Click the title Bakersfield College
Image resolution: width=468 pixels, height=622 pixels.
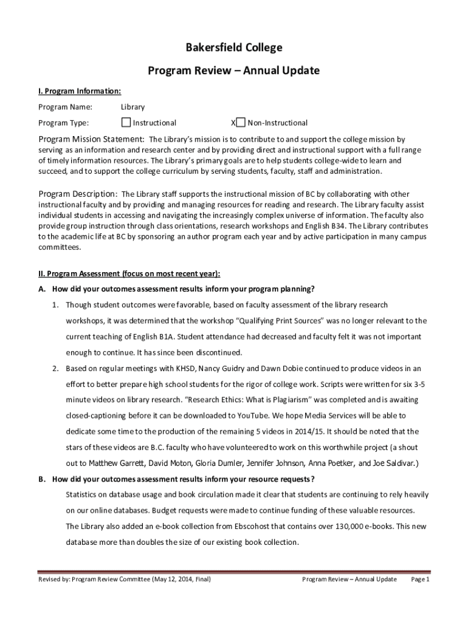234,48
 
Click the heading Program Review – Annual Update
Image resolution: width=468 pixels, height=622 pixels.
234,70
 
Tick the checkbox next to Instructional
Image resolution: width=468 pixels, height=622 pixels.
126,122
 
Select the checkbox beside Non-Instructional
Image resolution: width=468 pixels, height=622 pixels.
241,122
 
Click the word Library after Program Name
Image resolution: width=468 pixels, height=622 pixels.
132,107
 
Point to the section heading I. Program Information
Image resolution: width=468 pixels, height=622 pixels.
80,91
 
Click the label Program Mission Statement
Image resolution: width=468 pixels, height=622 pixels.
91,139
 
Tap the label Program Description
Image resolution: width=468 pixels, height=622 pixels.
78,194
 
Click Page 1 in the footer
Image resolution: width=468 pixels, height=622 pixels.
421,579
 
